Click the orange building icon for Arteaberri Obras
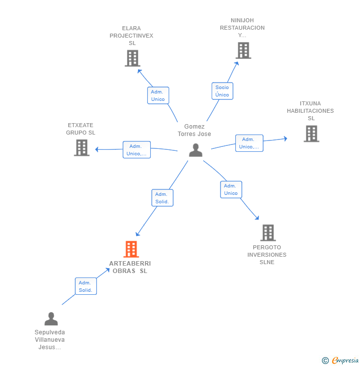(x=131, y=249)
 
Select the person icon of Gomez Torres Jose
(x=195, y=150)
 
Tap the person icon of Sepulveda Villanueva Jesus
(x=51, y=319)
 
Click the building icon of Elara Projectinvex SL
(x=133, y=58)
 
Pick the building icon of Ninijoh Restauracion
(x=243, y=50)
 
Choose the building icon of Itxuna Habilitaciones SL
(x=312, y=134)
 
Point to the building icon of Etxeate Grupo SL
(x=82, y=148)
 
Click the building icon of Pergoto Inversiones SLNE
(x=268, y=233)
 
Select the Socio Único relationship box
(x=223, y=91)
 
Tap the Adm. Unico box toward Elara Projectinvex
(x=158, y=95)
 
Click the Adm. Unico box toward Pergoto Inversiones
(x=231, y=189)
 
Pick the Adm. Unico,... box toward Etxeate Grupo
(x=136, y=150)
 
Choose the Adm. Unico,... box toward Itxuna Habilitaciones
(x=249, y=143)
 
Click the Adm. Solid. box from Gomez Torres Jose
(x=162, y=198)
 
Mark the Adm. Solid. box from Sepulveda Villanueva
(x=86, y=286)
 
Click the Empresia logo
(x=340, y=361)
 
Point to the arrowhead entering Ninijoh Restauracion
(x=237, y=63)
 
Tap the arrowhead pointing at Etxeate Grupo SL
(x=97, y=149)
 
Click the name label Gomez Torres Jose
(x=194, y=130)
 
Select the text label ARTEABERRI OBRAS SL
(x=130, y=267)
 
